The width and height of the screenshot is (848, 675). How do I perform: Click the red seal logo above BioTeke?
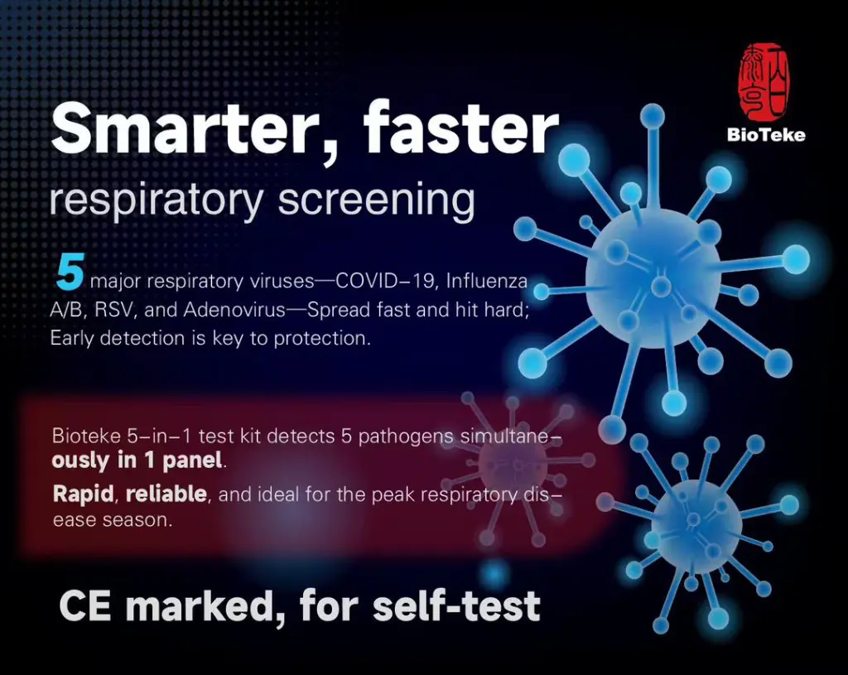tap(764, 82)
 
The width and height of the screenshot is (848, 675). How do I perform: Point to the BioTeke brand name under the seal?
tap(766, 135)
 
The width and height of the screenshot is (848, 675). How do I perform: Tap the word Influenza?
tap(487, 282)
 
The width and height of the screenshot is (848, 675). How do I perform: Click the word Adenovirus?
tap(234, 310)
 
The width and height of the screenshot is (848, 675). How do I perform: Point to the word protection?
tap(322, 339)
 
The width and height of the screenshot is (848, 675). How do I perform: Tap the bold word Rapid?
tap(84, 494)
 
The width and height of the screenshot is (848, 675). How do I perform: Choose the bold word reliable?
tap(166, 494)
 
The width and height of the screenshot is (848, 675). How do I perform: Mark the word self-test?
tap(457, 605)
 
